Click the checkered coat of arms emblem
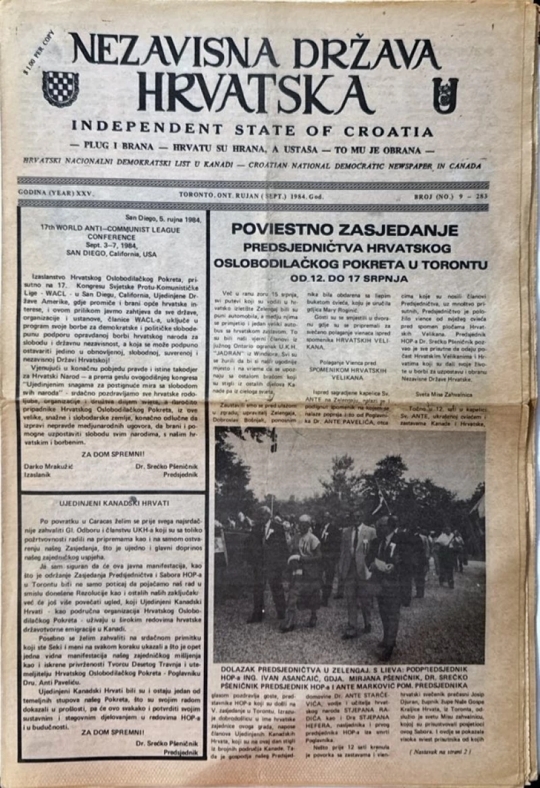(x=60, y=89)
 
